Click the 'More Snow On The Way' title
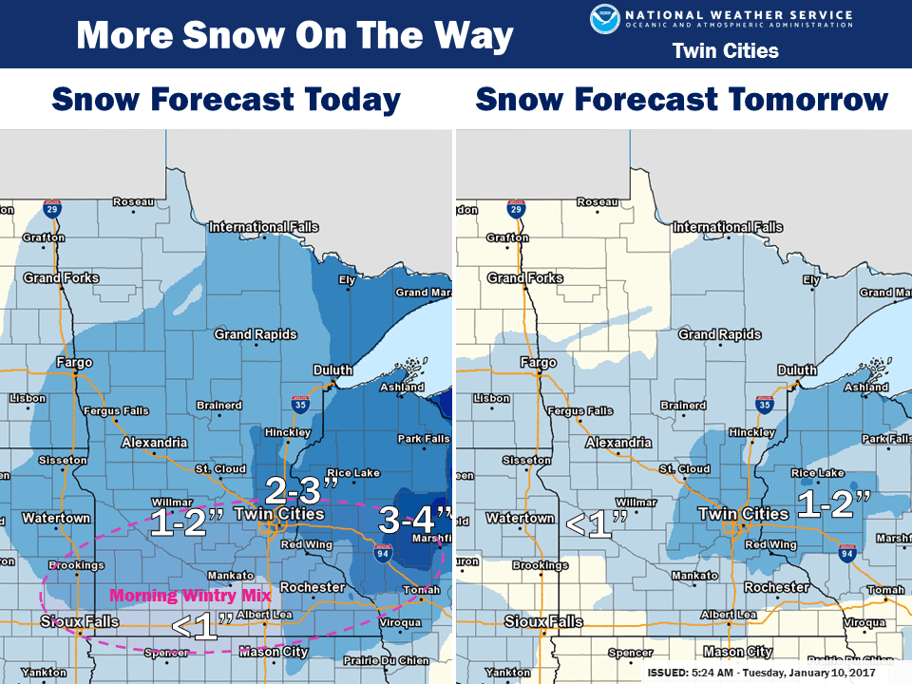[x=294, y=36]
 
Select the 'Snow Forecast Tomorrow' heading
[x=682, y=99]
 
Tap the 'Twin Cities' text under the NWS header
[x=725, y=50]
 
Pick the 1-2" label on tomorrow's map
[x=833, y=503]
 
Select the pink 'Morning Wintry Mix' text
[x=190, y=597]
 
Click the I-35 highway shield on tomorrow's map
[x=764, y=404]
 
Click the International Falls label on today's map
[x=263, y=227]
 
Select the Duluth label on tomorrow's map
[x=796, y=370]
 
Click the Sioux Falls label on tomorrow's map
[x=543, y=621]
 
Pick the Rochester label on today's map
[x=313, y=587]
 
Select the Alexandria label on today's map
[x=154, y=443]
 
